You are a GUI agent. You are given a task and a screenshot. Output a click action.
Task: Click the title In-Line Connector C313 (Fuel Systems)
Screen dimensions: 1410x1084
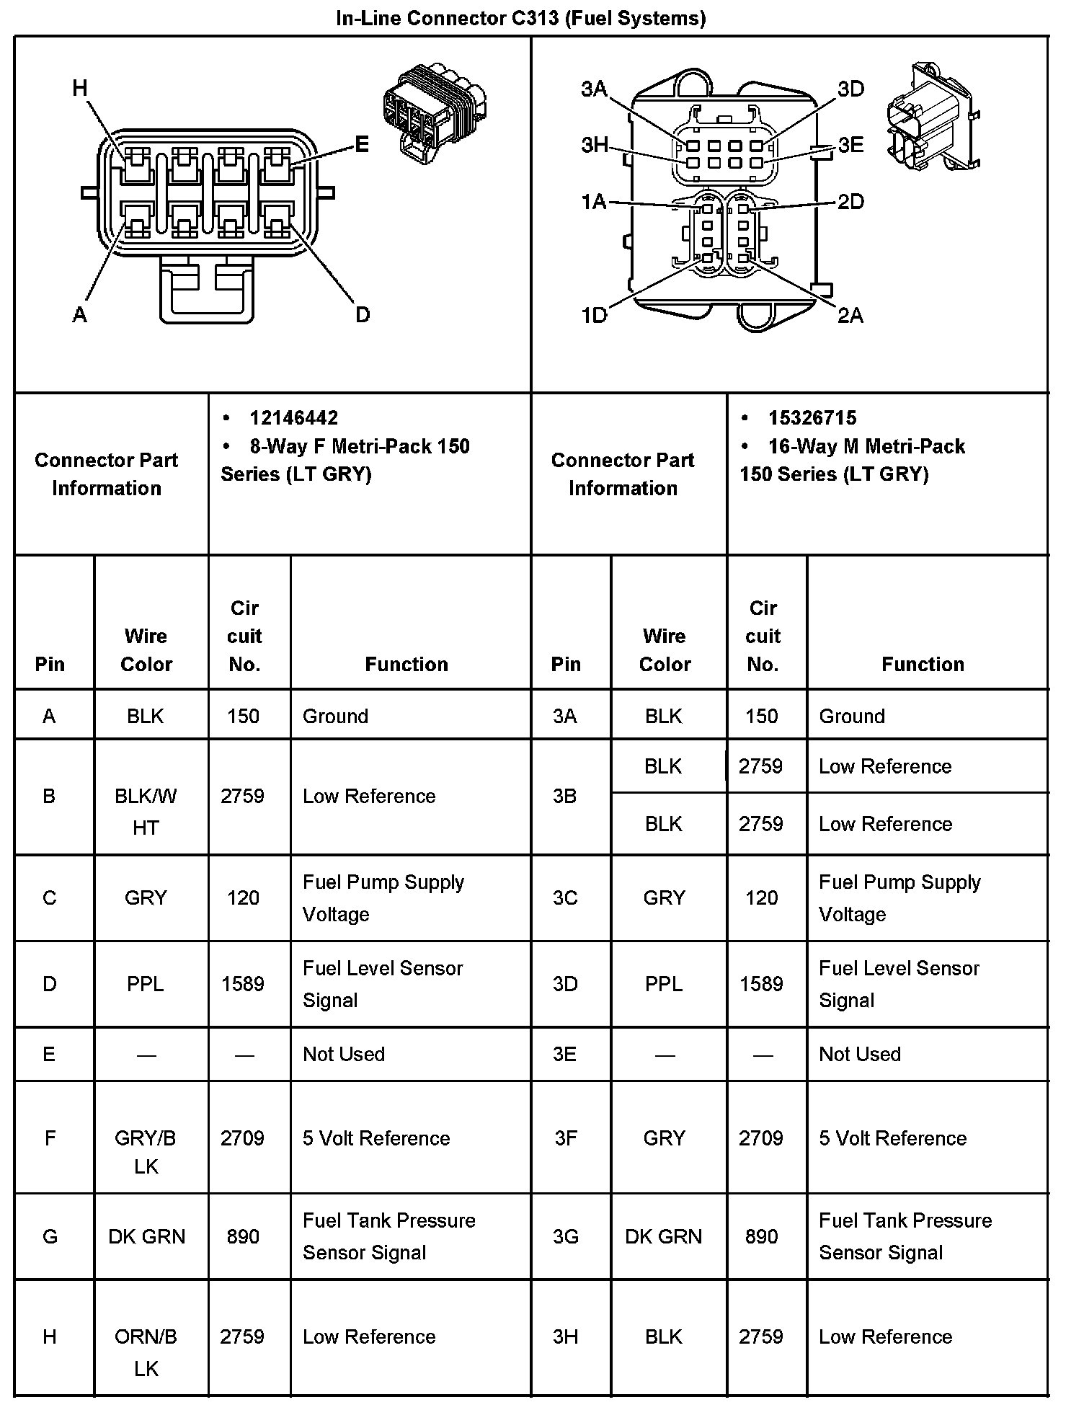520,18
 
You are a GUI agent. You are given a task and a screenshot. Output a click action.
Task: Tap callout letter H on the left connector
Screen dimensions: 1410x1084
79,89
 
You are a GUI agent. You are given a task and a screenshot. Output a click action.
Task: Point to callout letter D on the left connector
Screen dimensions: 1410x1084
363,314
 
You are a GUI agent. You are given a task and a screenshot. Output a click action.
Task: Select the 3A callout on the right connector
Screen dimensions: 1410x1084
594,89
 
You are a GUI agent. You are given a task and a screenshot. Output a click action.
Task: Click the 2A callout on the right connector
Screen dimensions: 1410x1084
850,315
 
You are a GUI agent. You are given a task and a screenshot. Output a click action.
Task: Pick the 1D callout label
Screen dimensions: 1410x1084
594,315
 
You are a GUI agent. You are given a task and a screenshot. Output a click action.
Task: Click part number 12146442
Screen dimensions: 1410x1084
293,418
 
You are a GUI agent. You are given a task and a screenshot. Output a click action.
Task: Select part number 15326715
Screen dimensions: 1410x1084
812,418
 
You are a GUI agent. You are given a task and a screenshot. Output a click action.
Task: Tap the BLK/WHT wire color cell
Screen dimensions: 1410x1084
146,811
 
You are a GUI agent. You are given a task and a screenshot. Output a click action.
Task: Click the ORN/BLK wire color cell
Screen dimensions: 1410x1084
146,1352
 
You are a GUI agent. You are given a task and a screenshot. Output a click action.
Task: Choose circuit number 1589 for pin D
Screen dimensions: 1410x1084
243,984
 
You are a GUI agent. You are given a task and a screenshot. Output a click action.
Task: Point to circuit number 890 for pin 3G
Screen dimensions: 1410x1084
762,1236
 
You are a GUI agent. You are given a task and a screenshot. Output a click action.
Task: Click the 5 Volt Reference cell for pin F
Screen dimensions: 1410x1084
376,1138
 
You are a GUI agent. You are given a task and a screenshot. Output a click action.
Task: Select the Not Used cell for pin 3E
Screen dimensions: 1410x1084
860,1054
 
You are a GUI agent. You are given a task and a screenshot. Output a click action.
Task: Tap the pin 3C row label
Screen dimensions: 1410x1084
565,898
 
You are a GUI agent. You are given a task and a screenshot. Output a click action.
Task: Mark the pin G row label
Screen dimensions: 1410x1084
50,1236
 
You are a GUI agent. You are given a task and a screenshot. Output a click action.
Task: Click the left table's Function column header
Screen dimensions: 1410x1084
406,664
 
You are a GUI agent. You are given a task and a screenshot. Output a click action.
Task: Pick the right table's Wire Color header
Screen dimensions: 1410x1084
665,649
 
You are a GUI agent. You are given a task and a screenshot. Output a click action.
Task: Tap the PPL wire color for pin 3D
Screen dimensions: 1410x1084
664,984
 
